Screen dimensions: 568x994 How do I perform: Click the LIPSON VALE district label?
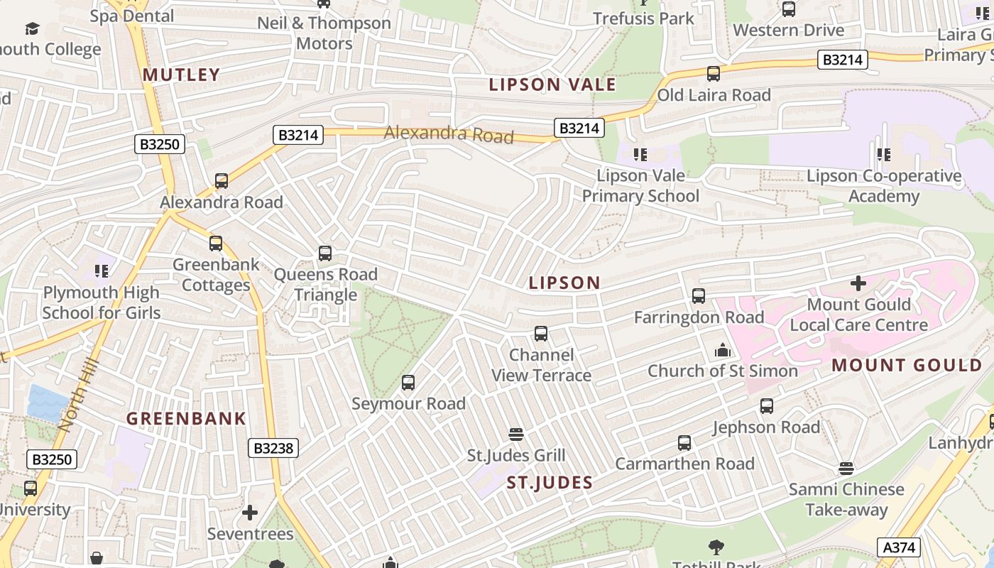(552, 84)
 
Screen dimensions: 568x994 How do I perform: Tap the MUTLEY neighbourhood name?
(181, 75)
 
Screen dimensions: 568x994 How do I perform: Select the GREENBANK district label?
(186, 418)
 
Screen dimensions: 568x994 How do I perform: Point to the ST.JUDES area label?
(550, 483)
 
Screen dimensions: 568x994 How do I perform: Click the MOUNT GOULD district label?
(907, 365)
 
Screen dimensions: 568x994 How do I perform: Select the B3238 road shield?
(273, 448)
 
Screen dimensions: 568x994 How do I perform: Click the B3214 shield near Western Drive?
(842, 60)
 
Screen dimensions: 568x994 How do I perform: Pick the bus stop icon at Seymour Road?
(408, 383)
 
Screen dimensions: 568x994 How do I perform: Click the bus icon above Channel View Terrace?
(541, 334)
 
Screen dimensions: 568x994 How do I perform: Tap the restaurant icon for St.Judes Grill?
(516, 434)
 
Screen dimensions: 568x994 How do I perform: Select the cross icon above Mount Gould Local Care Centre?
(858, 283)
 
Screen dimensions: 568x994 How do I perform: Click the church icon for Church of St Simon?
(723, 350)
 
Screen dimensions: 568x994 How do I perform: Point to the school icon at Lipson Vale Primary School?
(640, 154)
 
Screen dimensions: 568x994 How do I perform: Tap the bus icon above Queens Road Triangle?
(325, 253)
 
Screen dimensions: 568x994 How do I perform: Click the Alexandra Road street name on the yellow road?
(449, 133)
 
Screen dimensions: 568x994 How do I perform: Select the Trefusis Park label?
(643, 18)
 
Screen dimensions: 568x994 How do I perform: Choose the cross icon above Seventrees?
(250, 513)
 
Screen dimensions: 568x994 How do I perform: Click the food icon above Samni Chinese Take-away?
(846, 469)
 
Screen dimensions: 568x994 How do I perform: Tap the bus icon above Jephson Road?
(767, 406)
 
